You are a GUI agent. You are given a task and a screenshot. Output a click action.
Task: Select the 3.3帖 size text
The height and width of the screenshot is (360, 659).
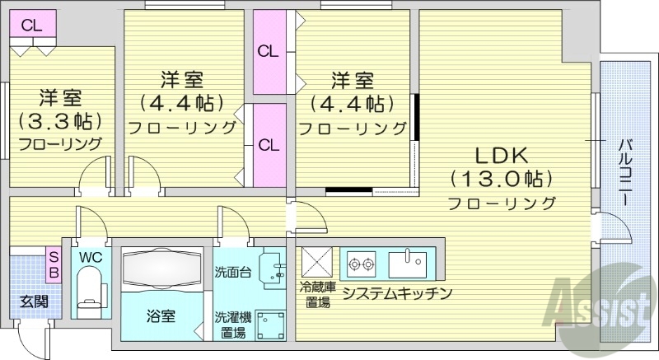(59, 121)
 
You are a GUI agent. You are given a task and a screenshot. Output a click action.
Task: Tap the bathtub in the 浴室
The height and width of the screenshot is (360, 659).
(161, 269)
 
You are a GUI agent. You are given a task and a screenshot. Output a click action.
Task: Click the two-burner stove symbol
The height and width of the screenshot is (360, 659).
(362, 264)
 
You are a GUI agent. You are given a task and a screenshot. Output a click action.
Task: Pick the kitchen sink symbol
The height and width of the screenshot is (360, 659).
(409, 264)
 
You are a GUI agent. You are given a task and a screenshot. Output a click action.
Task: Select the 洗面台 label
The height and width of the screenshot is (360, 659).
(232, 271)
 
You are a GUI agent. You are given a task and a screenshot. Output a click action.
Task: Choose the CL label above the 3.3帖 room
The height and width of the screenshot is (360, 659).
(32, 25)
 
